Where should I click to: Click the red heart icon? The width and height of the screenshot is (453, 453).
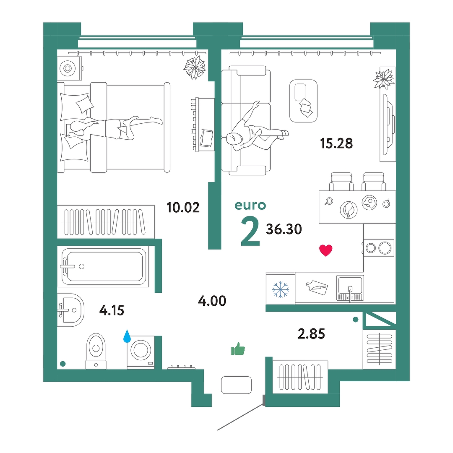coord(325,250)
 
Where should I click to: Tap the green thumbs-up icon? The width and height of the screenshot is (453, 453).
coord(238,349)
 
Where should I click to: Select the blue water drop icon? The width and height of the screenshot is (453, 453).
coord(127,336)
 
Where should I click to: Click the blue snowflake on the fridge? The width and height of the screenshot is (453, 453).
coord(280,289)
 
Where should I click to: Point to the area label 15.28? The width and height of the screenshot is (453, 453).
coord(336,143)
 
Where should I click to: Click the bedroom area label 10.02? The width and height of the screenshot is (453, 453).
coord(183,208)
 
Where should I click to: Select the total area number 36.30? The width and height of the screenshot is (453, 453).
coord(284,229)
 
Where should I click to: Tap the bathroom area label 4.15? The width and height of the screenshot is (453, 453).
coord(112,310)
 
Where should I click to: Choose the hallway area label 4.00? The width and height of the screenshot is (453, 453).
coord(212,301)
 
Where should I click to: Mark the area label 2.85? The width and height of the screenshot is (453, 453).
coord(311,334)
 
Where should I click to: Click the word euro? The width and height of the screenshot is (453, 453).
coord(250,206)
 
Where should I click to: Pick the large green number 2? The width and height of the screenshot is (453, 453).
coord(250,232)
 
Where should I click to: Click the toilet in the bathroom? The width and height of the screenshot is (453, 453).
coord(96,351)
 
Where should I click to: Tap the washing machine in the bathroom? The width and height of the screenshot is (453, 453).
coord(141,352)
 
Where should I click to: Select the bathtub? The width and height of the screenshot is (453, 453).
coord(103,266)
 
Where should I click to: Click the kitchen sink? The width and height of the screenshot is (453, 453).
coord(350,288)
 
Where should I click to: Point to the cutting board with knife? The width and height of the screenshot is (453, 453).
coord(317,287)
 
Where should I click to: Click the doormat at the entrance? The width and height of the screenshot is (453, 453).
coord(236,385)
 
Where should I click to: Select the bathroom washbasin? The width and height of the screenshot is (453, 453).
coord(71,310)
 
